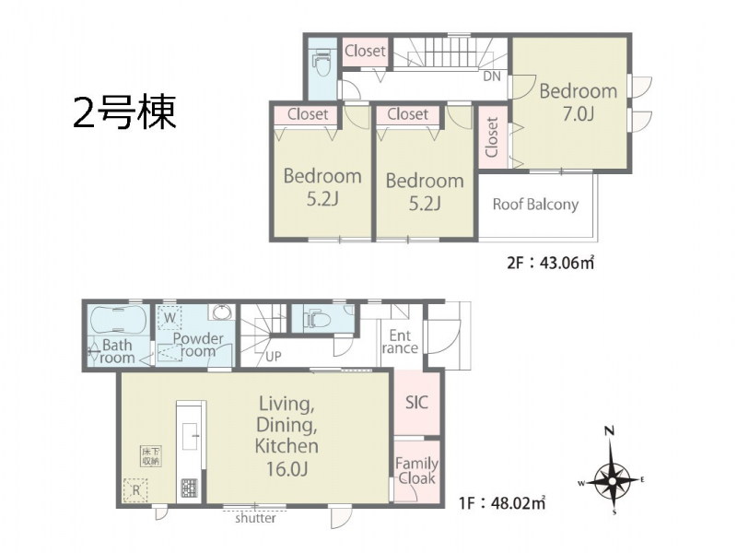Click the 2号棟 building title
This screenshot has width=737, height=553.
point(124,112)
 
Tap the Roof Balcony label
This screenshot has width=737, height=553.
point(535,205)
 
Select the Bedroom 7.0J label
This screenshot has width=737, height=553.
point(579,102)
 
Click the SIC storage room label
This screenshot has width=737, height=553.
point(417,403)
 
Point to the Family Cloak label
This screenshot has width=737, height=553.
point(417,471)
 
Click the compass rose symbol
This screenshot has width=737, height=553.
point(612,479)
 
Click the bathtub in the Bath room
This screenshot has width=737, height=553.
point(117,320)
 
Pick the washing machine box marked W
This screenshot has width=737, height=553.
point(170,317)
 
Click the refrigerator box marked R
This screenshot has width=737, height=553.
point(135,490)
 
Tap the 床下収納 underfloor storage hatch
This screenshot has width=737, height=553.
point(151,456)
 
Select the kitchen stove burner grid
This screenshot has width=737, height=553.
point(190,488)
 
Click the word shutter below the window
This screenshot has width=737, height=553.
point(255,518)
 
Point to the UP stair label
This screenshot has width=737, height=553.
point(273,357)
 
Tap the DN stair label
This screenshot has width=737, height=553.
point(492,76)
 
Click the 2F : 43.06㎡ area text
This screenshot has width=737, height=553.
point(550,262)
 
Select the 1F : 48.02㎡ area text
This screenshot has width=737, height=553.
point(502,503)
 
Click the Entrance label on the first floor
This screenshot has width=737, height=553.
point(400,342)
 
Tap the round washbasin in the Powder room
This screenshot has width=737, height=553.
point(221,312)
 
